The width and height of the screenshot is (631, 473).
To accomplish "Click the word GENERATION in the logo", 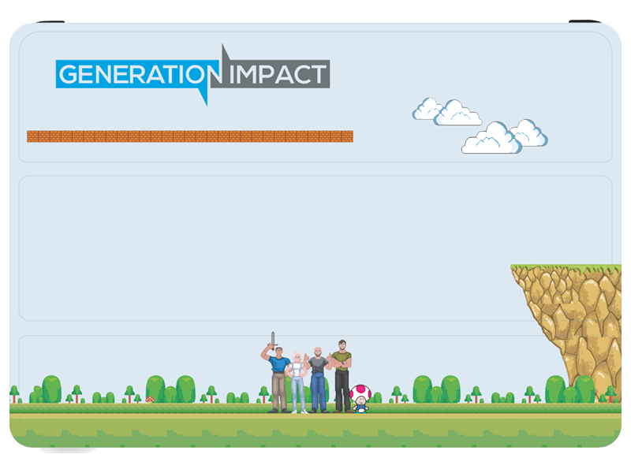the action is [140, 74].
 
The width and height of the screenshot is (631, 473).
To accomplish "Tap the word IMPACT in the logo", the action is [278, 74].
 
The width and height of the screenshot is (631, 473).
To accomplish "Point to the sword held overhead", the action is [273, 341].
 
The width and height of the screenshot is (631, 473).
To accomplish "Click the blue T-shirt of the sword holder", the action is [279, 364].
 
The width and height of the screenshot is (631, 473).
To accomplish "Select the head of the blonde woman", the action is [297, 357].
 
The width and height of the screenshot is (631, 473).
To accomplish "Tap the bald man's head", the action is [318, 352].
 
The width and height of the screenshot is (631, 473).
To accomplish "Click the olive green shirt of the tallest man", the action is [342, 360].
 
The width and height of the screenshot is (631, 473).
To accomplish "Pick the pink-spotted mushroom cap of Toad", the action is [360, 391].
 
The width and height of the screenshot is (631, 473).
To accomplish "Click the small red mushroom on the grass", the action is [150, 399].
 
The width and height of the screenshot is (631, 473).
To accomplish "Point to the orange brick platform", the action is [190, 136].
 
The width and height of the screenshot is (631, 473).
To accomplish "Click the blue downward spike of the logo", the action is [203, 95].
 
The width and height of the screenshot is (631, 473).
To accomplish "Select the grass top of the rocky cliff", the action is [566, 267].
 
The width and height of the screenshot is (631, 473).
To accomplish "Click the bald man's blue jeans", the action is [318, 391].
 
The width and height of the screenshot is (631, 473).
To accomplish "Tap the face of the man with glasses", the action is [342, 345].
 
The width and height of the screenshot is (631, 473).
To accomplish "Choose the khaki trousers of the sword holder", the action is [279, 391].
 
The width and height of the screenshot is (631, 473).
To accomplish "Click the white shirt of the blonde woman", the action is [297, 369].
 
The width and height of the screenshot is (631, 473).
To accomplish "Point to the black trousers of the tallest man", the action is [342, 390].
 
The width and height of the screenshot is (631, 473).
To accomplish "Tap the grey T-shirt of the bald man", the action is [319, 364].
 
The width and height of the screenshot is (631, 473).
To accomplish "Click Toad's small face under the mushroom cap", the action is [361, 400].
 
